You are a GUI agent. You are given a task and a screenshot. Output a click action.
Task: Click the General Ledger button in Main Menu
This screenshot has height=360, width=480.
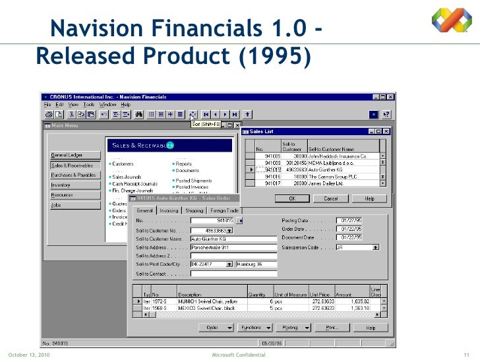67,155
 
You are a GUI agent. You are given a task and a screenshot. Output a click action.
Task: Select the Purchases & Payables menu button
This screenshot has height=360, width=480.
73,175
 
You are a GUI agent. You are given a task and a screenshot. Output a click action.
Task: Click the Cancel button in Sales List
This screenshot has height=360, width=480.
331,198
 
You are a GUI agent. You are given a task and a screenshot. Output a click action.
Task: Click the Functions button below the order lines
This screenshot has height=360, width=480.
253,327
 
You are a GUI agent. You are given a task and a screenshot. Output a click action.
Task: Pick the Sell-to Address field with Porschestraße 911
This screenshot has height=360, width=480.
233,247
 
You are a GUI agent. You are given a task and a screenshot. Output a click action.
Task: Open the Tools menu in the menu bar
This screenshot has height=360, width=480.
89,104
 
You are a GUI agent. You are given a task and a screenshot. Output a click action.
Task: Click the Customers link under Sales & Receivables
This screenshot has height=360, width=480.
123,164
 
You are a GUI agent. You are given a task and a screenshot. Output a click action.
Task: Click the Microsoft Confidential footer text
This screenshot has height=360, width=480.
237,355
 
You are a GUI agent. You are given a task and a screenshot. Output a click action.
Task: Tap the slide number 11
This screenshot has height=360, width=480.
465,355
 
